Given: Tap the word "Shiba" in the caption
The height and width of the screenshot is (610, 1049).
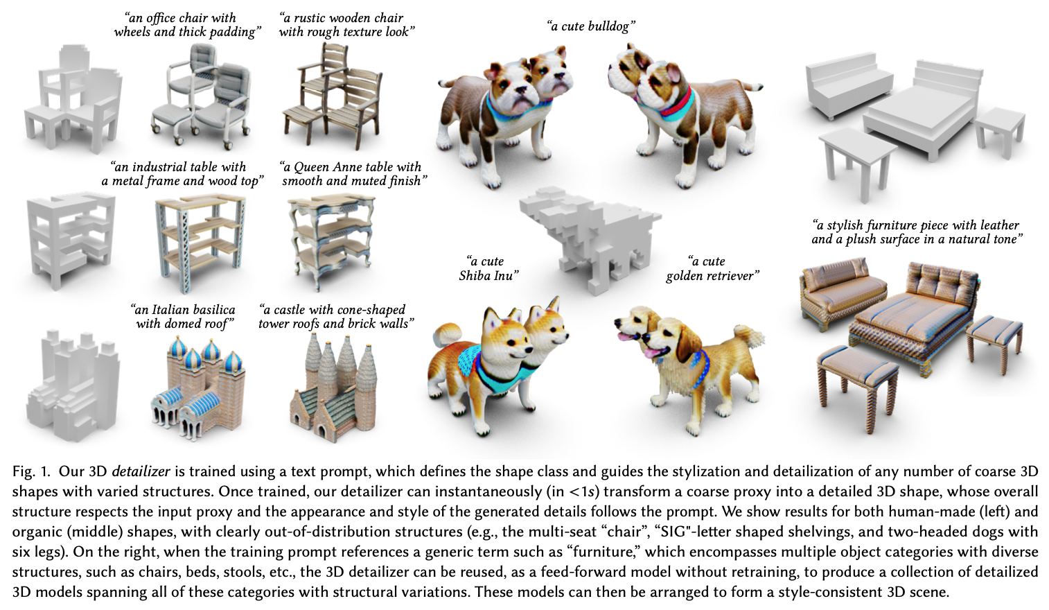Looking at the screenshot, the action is tap(474, 275).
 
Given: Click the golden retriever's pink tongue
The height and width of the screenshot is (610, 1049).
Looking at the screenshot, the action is tap(625, 336).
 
